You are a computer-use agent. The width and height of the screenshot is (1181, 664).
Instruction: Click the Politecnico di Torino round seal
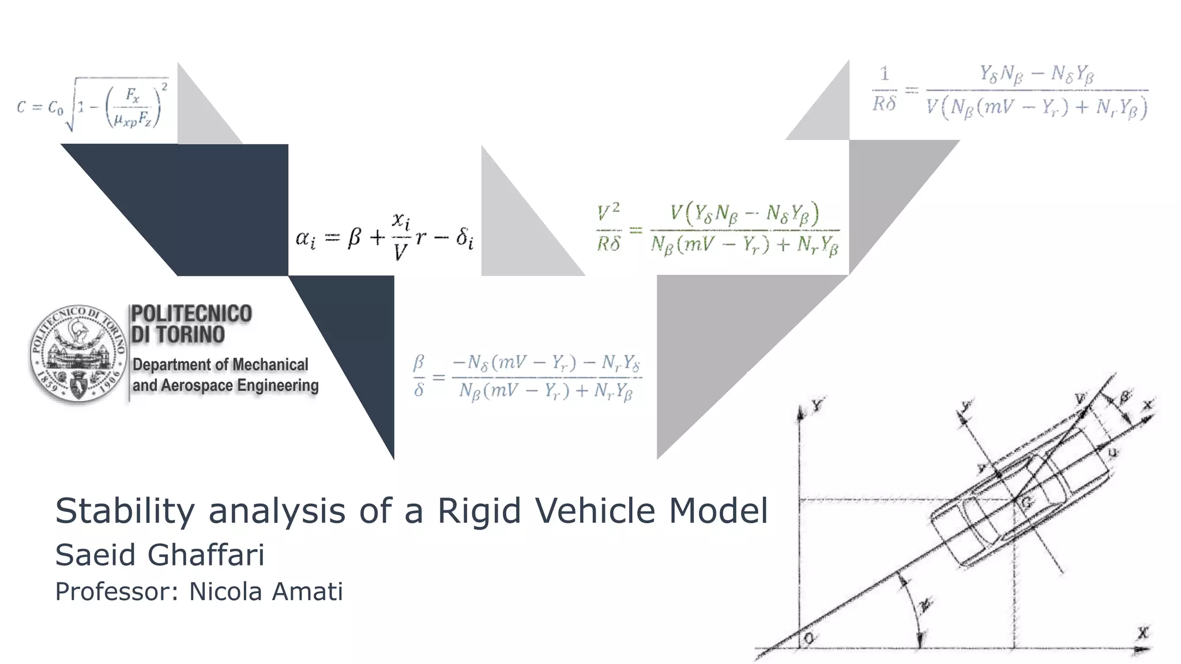pyautogui.click(x=78, y=353)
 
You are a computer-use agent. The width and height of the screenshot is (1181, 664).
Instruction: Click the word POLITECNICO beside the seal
pyautogui.click(x=191, y=314)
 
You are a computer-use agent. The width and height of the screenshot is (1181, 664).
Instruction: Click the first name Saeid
pyautogui.click(x=96, y=555)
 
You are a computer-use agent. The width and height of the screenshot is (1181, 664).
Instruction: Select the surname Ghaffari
pyautogui.click(x=206, y=555)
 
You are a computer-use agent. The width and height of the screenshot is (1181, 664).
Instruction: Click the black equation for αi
pyautogui.click(x=384, y=237)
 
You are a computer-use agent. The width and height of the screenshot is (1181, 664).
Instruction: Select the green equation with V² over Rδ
pyautogui.click(x=718, y=230)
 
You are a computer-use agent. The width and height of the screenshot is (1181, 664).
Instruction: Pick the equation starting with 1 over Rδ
pyautogui.click(x=1010, y=91)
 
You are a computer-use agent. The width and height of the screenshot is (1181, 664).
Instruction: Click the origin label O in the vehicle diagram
pyautogui.click(x=810, y=638)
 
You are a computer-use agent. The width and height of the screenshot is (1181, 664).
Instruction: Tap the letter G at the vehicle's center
pyautogui.click(x=1026, y=503)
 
